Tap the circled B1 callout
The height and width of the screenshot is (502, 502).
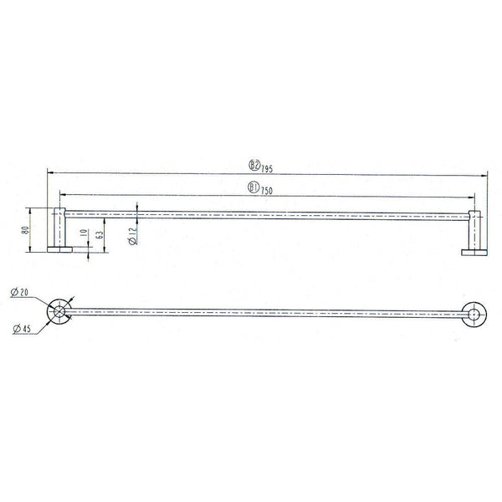coord(253,188)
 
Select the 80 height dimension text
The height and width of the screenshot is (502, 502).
coord(26,229)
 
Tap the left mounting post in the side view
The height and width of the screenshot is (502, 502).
coord(60,226)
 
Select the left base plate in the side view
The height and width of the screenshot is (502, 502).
coord(60,248)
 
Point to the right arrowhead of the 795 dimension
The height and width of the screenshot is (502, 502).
coord(485,175)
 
